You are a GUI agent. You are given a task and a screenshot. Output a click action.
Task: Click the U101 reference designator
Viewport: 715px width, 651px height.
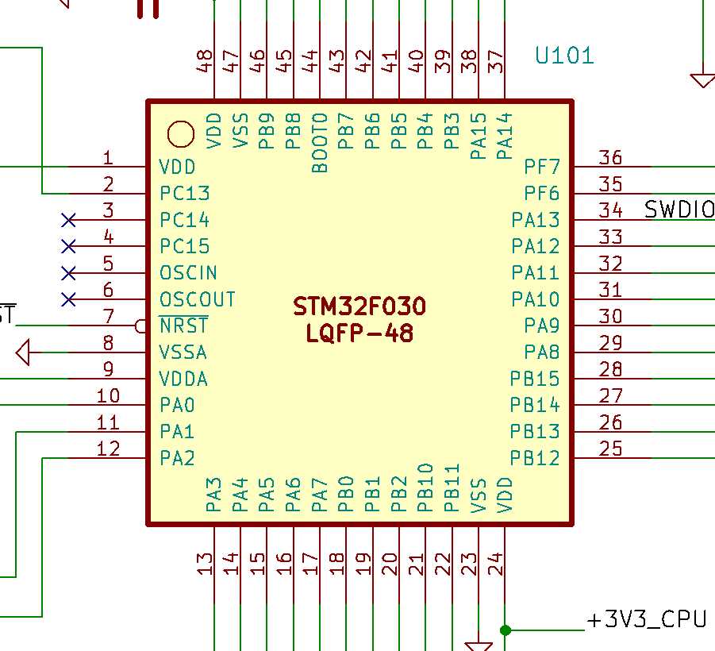(x=564, y=56)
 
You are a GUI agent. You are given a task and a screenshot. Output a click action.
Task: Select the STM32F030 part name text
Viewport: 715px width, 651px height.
(x=359, y=306)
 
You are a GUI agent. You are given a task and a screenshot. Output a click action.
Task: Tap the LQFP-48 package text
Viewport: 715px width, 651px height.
(x=359, y=333)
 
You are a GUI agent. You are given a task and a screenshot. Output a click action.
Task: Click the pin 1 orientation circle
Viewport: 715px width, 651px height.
(x=181, y=134)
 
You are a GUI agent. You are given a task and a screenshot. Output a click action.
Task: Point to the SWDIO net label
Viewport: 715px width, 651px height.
(x=678, y=210)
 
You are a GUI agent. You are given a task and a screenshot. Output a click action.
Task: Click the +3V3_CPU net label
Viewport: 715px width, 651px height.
(x=646, y=619)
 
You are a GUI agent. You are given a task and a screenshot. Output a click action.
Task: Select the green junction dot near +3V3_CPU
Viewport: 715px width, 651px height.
(x=505, y=630)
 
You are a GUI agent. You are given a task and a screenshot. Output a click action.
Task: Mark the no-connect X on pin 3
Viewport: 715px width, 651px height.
(x=69, y=219)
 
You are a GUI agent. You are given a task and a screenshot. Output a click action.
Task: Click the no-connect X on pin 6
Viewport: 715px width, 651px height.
(x=69, y=299)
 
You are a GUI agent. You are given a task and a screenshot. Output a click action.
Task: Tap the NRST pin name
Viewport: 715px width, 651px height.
(x=183, y=325)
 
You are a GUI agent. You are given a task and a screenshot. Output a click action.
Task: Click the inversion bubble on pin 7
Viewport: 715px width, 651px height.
(x=142, y=325)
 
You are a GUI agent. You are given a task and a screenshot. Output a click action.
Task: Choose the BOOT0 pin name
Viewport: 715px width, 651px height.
(x=320, y=143)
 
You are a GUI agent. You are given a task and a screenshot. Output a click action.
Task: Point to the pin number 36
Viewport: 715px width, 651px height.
(x=610, y=157)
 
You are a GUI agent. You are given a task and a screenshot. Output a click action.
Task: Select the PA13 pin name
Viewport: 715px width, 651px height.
(x=536, y=220)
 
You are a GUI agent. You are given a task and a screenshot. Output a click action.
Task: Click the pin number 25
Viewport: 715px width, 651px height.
(x=610, y=449)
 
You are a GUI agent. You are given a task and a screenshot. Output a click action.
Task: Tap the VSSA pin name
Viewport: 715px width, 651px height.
(x=183, y=352)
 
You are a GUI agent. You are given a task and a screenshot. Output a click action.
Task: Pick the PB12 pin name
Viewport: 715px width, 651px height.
(x=535, y=458)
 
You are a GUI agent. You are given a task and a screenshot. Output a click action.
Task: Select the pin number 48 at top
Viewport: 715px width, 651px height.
(x=205, y=61)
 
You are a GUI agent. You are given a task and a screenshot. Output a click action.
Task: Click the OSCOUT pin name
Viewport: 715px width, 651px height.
(x=198, y=299)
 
